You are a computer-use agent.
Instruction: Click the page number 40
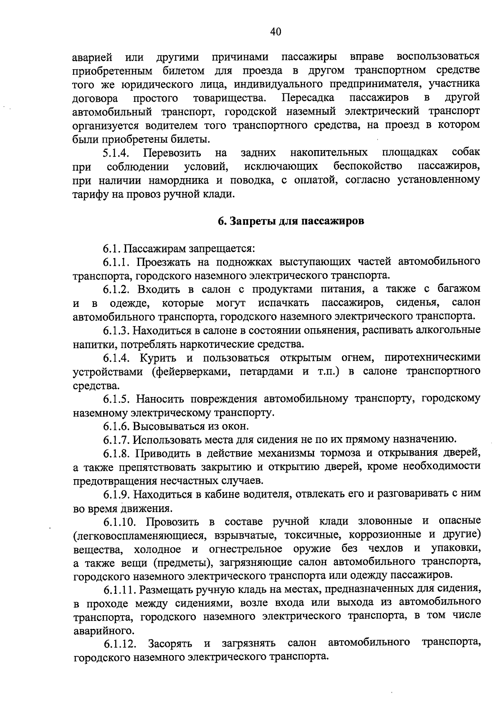[x=276, y=32]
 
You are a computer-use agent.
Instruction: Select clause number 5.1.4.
[x=117, y=153]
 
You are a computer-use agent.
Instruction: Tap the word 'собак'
[x=466, y=151]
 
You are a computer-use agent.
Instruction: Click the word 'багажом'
[x=458, y=289]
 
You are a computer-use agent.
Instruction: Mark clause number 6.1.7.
[x=117, y=440]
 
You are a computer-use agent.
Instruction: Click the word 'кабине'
[x=222, y=495]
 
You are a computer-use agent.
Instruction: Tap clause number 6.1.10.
[x=119, y=522]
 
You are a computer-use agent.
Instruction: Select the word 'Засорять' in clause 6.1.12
[x=170, y=644]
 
